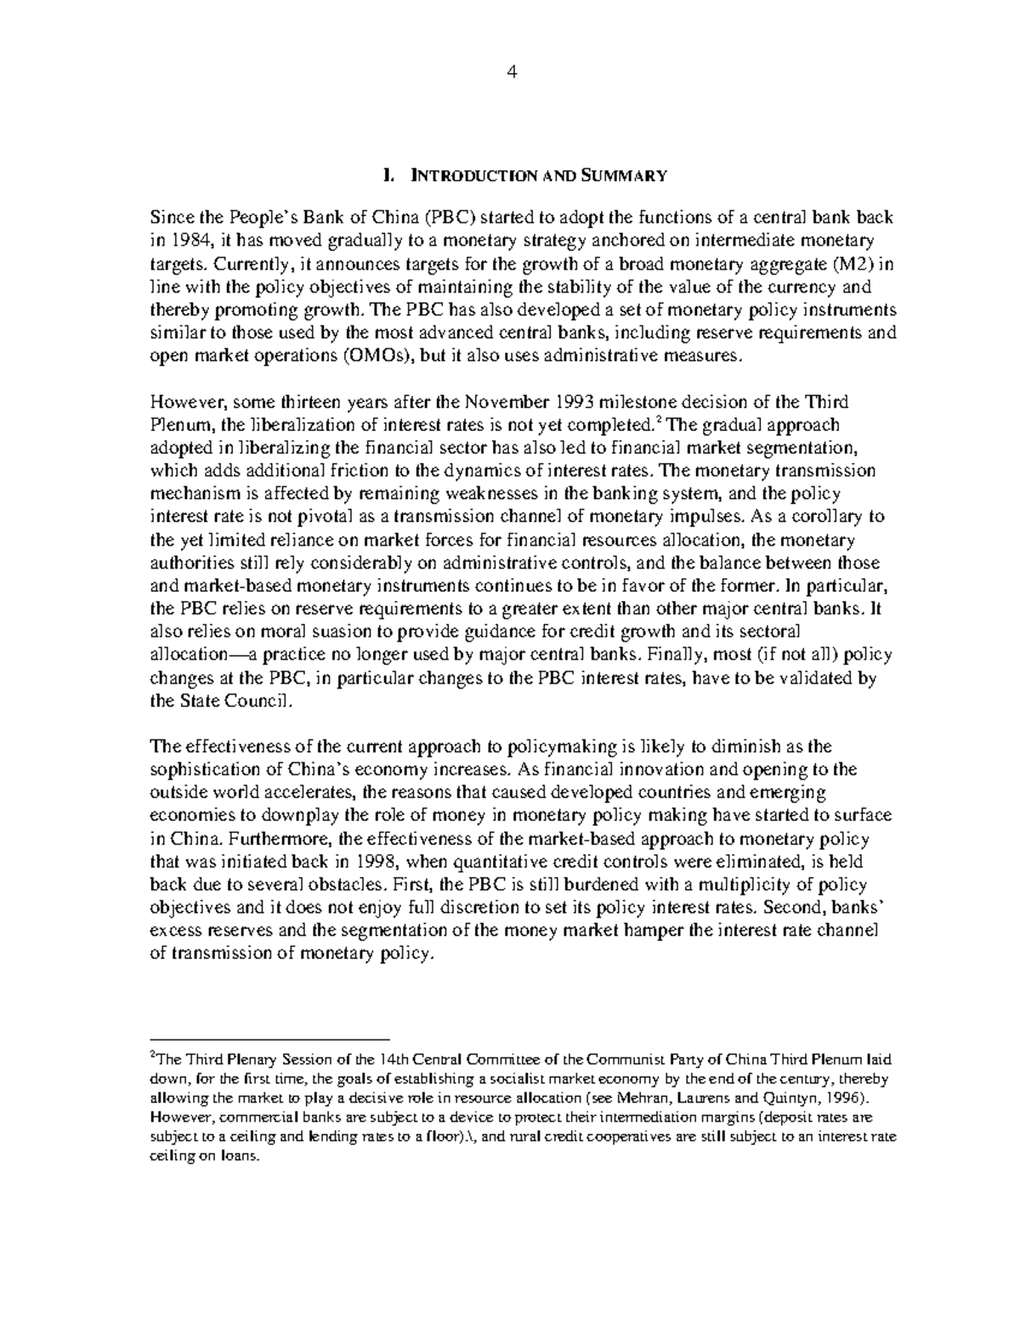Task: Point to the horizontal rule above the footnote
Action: (x=269, y=1039)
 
